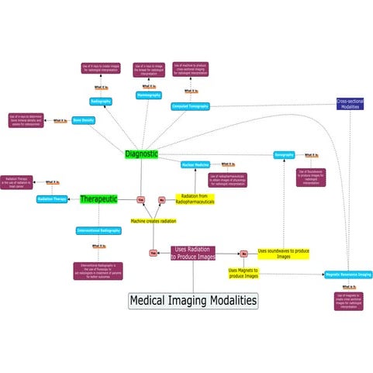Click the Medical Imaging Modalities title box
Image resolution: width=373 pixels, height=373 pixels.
tap(192, 300)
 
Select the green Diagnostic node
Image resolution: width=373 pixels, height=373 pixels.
tap(141, 154)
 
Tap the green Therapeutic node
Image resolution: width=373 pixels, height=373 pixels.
tap(98, 199)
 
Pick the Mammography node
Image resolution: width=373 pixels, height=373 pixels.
tap(148, 95)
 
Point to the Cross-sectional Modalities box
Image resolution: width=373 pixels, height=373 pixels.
tap(350, 104)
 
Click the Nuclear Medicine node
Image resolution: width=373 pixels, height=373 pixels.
tap(195, 165)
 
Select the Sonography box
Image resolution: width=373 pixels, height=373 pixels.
tap(284, 155)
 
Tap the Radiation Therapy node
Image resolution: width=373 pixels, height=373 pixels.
tap(52, 199)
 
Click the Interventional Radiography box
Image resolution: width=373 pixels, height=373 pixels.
tap(98, 230)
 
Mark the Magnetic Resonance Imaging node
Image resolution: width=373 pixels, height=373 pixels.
tap(348, 275)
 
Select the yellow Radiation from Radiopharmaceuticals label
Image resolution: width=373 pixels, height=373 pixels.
tap(196, 199)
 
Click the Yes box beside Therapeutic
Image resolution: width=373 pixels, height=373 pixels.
tap(140, 199)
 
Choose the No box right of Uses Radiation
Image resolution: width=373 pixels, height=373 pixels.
tap(243, 253)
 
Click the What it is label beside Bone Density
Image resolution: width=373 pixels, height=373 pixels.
tap(58, 120)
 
